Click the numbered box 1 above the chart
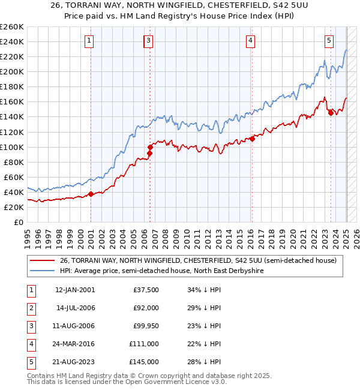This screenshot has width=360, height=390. click(x=89, y=41)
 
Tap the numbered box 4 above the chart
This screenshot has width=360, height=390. click(x=250, y=41)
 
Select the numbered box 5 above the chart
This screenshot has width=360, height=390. click(x=329, y=41)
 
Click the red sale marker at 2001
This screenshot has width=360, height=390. click(x=91, y=194)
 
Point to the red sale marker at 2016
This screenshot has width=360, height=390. click(x=252, y=139)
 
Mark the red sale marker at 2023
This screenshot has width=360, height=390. click(x=331, y=113)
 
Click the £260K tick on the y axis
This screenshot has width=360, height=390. click(x=11, y=26)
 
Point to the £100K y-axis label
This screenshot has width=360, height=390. click(x=11, y=147)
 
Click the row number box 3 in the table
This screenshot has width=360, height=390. click(x=30, y=327)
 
